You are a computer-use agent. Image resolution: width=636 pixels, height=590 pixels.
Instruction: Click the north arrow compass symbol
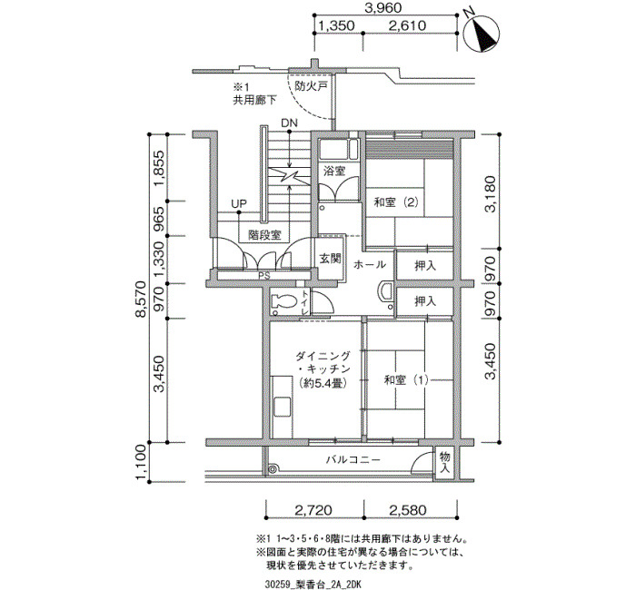click(481, 31)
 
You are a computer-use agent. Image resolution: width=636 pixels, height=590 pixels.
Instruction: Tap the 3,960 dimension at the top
click(383, 7)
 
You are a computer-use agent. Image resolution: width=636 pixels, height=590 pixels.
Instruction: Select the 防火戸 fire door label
click(311, 86)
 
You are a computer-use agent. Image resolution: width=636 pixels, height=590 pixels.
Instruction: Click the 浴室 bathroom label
click(333, 171)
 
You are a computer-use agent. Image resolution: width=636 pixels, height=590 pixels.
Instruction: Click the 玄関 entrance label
click(330, 259)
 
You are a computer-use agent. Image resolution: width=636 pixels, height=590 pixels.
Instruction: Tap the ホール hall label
click(369, 265)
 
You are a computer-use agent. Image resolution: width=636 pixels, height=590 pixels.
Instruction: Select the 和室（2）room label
click(396, 202)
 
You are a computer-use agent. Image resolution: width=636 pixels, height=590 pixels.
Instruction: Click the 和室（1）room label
click(406, 380)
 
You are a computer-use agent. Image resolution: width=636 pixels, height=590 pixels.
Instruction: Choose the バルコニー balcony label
click(353, 460)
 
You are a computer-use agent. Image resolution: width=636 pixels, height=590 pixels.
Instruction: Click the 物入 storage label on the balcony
click(444, 462)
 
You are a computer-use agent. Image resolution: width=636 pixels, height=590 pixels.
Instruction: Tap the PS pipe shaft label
click(264, 276)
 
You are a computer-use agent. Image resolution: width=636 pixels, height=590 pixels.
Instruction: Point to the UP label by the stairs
click(238, 203)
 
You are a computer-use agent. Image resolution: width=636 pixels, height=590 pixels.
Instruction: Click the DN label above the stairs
click(289, 123)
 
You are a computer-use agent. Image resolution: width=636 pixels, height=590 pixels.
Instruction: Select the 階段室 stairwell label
click(264, 234)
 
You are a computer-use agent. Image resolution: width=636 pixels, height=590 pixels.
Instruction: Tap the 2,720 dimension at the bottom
click(313, 510)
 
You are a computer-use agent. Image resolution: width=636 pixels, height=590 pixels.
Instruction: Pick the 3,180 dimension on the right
click(491, 193)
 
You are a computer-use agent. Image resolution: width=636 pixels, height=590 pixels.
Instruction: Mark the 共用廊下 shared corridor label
click(254, 100)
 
